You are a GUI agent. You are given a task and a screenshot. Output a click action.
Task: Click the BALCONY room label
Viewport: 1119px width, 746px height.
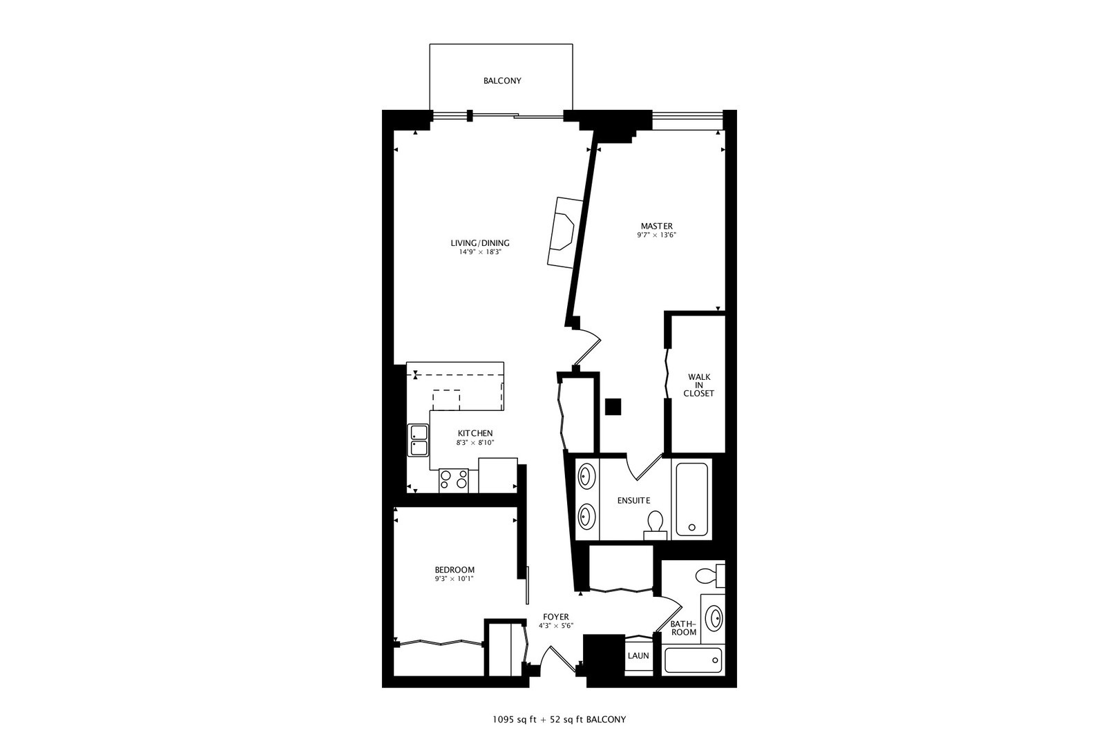(502, 81)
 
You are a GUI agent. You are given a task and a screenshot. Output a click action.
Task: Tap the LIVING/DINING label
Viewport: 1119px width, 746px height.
(480, 243)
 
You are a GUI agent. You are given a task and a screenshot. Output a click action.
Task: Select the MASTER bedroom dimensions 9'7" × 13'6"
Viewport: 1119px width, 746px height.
(656, 236)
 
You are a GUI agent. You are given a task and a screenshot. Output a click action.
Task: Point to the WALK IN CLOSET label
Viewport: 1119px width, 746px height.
(699, 385)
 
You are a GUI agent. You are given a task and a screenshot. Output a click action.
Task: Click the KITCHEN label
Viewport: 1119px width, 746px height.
(475, 433)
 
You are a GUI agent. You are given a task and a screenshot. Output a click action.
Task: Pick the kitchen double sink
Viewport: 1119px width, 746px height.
(419, 440)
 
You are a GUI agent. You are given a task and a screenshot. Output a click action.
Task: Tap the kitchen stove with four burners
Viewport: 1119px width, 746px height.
(454, 481)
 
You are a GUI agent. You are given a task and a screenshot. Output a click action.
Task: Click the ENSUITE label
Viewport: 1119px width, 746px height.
(633, 500)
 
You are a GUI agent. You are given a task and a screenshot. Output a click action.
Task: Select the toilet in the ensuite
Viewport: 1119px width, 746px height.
(655, 525)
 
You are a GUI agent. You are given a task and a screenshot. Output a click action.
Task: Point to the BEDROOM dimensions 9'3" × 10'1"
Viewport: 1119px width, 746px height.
(454, 579)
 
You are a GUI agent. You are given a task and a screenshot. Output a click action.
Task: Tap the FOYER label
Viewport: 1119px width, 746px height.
(555, 617)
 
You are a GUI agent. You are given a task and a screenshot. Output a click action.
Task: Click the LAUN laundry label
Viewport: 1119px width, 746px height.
(638, 656)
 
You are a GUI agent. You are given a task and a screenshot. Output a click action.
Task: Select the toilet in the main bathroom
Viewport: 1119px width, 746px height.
(710, 575)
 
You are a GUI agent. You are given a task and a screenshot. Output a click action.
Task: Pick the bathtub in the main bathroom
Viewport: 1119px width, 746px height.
(694, 660)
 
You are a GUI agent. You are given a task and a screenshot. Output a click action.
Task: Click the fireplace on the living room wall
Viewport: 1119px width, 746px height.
(565, 233)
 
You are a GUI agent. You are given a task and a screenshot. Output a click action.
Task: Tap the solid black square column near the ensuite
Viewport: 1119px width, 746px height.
(613, 407)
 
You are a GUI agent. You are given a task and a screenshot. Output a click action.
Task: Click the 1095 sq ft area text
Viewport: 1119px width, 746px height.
(514, 720)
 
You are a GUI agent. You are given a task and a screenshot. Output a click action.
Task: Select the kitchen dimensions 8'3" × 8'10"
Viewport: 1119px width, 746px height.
(475, 443)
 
